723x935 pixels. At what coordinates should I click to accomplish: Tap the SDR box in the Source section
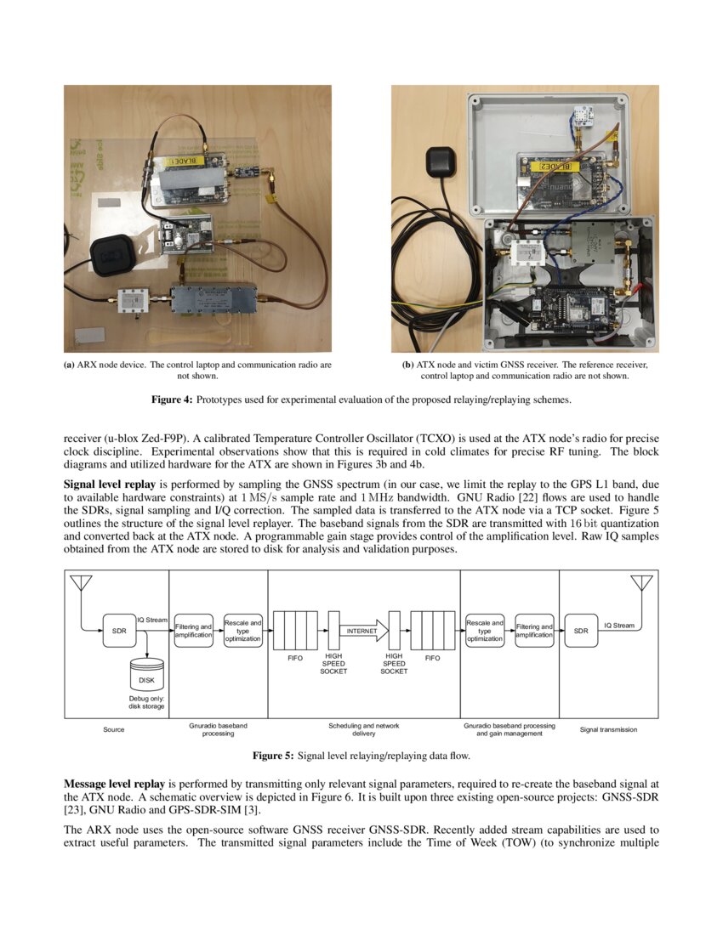pyautogui.click(x=119, y=631)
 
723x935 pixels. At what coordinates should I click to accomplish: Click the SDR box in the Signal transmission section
pyautogui.click(x=580, y=631)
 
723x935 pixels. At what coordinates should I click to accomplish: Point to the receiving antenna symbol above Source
pyautogui.click(x=82, y=584)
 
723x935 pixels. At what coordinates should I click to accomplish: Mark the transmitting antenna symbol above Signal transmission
pyautogui.click(x=640, y=584)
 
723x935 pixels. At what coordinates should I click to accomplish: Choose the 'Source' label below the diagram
pyautogui.click(x=113, y=729)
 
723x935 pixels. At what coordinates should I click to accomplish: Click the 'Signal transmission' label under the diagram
pyautogui.click(x=607, y=729)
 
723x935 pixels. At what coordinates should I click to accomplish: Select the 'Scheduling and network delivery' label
pyautogui.click(x=363, y=729)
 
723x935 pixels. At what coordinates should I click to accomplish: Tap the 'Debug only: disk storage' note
pyautogui.click(x=145, y=700)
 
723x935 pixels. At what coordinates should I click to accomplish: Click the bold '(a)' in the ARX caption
pyautogui.click(x=69, y=365)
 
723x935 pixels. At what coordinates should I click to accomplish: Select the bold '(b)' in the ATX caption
pyautogui.click(x=407, y=365)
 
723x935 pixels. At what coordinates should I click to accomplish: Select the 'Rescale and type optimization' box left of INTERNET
pyautogui.click(x=242, y=631)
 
